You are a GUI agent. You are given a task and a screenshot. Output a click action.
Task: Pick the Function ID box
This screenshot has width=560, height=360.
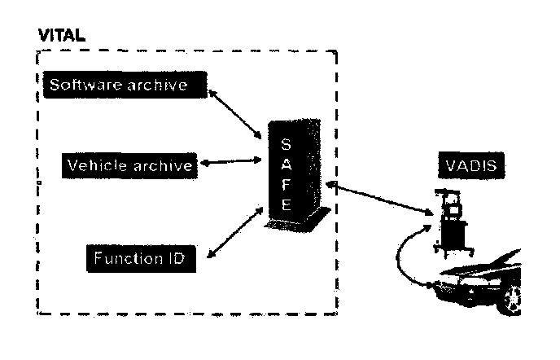[x=137, y=260]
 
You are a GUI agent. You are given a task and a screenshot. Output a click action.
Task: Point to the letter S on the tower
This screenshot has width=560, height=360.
[x=285, y=144]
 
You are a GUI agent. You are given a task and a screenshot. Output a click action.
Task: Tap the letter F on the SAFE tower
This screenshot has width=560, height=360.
[x=285, y=185]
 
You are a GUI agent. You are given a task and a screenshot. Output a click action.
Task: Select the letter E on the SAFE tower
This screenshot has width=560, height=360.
[x=285, y=205]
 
